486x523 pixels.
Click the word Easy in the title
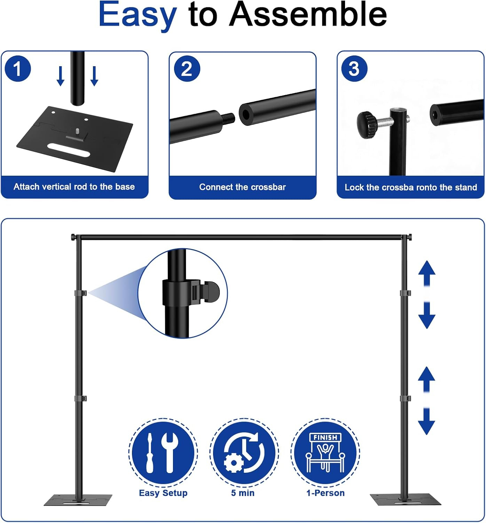(x=138, y=16)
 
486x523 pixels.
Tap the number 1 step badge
(x=18, y=69)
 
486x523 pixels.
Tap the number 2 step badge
(x=187, y=69)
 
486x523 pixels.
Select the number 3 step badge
(x=354, y=69)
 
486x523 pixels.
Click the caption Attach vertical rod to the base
(x=74, y=187)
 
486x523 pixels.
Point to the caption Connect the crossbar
(x=242, y=187)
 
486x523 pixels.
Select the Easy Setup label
(x=163, y=493)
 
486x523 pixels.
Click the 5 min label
(x=243, y=493)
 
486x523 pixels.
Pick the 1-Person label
(x=325, y=493)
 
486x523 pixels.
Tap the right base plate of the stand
(x=405, y=500)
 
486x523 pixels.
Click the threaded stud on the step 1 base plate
(x=78, y=131)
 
